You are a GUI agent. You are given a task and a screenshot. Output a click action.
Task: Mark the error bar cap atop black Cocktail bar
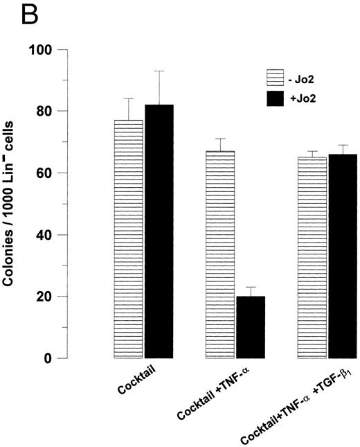(159, 71)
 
